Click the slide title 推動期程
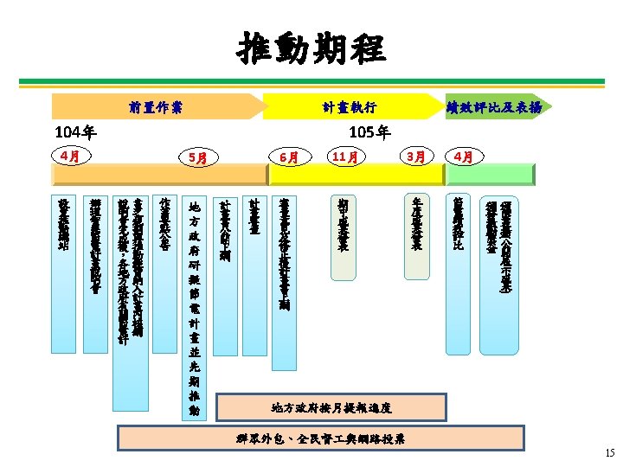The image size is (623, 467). [311, 49]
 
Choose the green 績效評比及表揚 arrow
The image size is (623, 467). [494, 106]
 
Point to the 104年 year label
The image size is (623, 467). [76, 133]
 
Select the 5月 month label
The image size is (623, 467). [196, 158]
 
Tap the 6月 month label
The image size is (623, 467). [289, 158]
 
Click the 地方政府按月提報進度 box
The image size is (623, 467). [331, 406]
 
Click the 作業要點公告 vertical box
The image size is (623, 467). [164, 233]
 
